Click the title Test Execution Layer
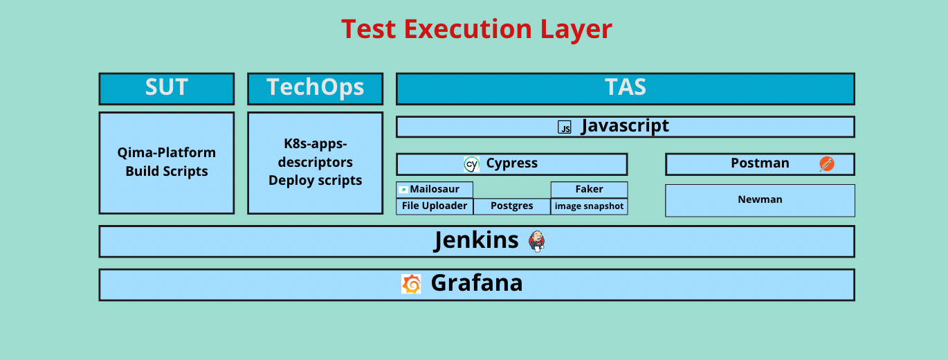pos(476,30)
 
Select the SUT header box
pos(166,88)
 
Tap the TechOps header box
pos(315,88)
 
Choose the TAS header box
pos(625,88)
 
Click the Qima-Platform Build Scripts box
pos(166,162)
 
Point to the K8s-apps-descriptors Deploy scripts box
pos(315,162)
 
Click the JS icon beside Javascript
pos(565,127)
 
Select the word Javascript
pos(625,126)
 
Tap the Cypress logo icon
pos(471,164)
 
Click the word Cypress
pos(512,164)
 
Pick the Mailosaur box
pos(435,189)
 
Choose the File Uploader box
pos(435,206)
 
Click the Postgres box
pos(512,206)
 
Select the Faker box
pos(589,189)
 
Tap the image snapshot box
pos(589,206)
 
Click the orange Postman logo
pos(826,164)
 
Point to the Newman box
pos(760,200)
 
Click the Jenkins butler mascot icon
pos(536,241)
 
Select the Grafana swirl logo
pos(411,284)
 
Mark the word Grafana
pos(477,283)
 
